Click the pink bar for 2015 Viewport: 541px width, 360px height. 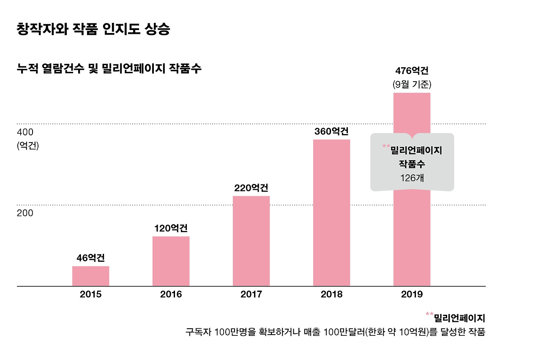[x=90, y=276]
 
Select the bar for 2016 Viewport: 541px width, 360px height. [x=171, y=261]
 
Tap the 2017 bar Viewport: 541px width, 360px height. [x=251, y=241]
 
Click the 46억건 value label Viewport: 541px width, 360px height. [x=90, y=258]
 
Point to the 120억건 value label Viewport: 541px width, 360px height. [x=171, y=228]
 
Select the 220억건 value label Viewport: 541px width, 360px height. [x=251, y=188]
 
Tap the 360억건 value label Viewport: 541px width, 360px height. [x=331, y=131]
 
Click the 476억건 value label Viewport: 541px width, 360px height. [x=412, y=70]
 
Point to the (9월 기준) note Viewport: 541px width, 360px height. [x=412, y=84]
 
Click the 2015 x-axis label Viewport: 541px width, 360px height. [x=90, y=294]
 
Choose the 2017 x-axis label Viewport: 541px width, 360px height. [x=251, y=294]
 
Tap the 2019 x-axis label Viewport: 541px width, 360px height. [x=412, y=294]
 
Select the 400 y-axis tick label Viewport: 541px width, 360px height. [x=25, y=132]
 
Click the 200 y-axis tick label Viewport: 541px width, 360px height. [x=25, y=213]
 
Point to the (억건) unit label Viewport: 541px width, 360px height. [x=28, y=146]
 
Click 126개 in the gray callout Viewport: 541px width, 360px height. [x=412, y=178]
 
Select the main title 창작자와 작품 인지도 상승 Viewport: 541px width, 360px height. [x=93, y=30]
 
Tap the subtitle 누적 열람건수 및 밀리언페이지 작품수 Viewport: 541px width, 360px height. [x=109, y=69]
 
